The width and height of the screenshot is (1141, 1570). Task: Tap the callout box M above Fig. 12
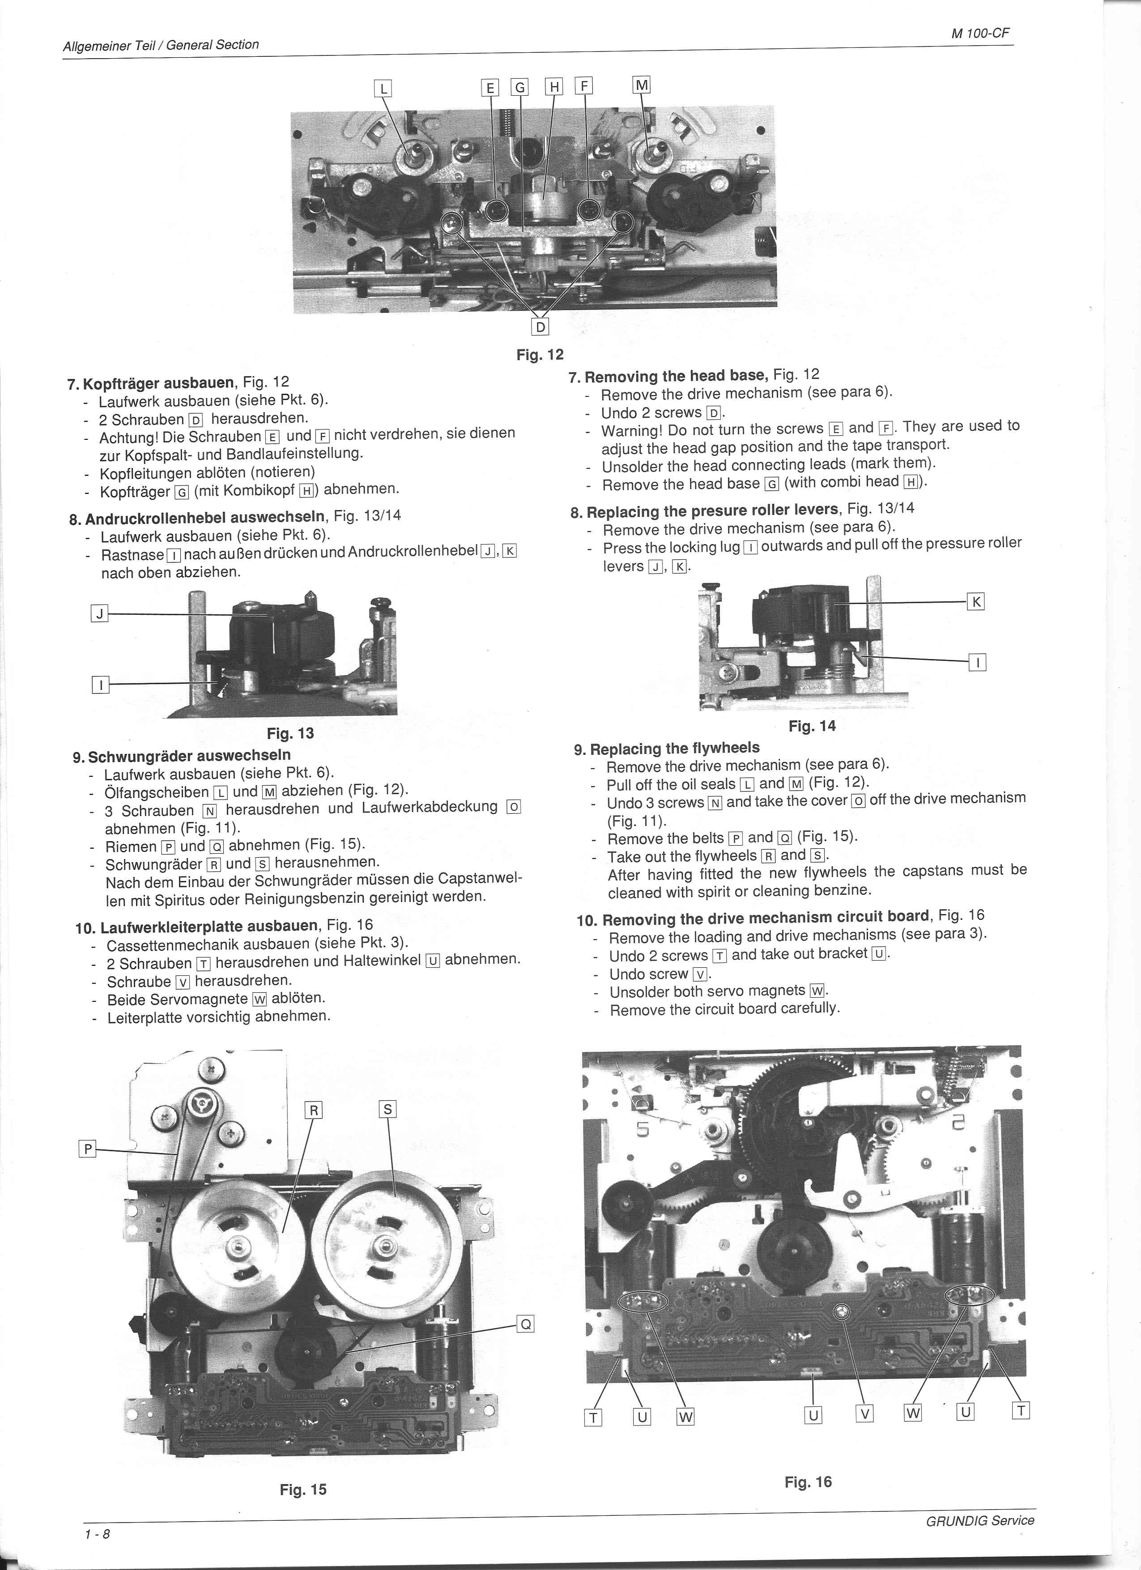pyautogui.click(x=642, y=85)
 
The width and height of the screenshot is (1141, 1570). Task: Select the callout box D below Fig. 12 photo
pyautogui.click(x=540, y=327)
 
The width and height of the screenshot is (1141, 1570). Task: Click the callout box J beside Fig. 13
pyautogui.click(x=100, y=613)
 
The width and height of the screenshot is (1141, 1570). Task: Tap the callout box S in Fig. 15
pyautogui.click(x=388, y=1110)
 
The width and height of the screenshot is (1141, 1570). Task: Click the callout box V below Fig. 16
pyautogui.click(x=865, y=1414)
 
